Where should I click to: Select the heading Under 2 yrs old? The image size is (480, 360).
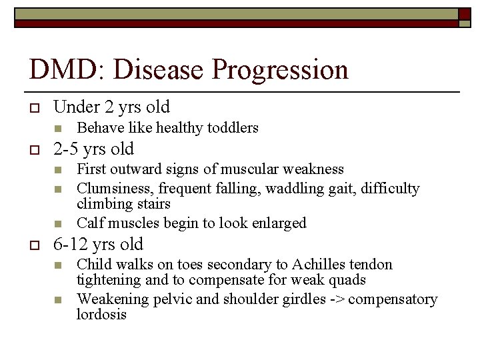coord(111,107)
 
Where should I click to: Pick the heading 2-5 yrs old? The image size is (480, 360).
coord(93,149)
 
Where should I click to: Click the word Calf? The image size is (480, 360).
coord(89,223)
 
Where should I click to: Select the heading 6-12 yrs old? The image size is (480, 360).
coord(98,244)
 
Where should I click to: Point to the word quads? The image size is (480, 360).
coord(347,280)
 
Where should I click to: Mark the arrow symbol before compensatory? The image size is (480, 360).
coord(337,299)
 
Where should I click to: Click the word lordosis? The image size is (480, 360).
coord(101,315)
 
